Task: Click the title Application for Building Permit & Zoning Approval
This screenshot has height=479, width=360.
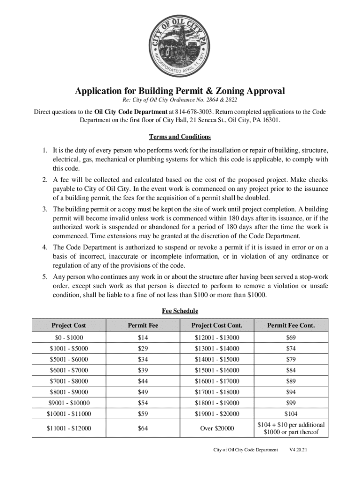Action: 180,91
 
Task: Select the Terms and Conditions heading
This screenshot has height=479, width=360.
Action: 180,137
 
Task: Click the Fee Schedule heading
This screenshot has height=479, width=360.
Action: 180,311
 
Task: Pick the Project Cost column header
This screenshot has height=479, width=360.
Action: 69,325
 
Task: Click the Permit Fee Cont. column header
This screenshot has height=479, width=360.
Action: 291,325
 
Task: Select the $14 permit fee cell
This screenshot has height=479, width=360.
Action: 143,338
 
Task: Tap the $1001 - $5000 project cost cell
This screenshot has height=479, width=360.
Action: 69,348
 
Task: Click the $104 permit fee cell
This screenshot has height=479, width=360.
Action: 291,414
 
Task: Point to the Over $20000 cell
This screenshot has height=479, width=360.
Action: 216,428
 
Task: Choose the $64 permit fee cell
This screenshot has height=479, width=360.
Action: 143,428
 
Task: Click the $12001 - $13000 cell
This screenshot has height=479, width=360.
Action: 216,338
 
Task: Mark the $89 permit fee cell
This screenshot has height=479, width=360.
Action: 291,381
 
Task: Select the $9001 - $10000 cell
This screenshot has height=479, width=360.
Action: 69,403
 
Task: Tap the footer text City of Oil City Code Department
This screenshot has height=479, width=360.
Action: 245,450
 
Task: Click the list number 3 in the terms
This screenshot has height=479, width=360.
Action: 43,209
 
